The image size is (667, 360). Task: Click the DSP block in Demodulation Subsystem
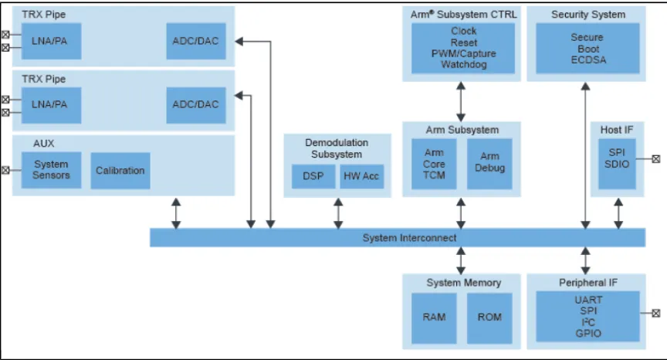tap(313, 177)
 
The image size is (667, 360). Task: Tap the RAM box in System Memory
tap(433, 317)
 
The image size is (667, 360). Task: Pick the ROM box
tap(489, 317)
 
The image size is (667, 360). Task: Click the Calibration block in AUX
tap(120, 170)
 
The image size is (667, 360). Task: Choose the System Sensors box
tap(51, 170)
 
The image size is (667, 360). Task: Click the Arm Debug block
tap(490, 162)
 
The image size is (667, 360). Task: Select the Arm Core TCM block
tap(434, 163)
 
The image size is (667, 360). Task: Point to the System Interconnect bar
tap(398, 238)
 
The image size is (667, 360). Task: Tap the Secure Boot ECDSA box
tap(587, 48)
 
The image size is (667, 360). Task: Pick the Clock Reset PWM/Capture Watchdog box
tap(463, 48)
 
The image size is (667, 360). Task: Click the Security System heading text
tap(587, 15)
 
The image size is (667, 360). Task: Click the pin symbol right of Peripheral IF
tap(655, 314)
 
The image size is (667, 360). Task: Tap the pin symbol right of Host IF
tap(655, 159)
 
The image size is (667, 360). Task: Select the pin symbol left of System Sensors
tap(6, 170)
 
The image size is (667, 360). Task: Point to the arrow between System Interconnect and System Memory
tap(461, 260)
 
